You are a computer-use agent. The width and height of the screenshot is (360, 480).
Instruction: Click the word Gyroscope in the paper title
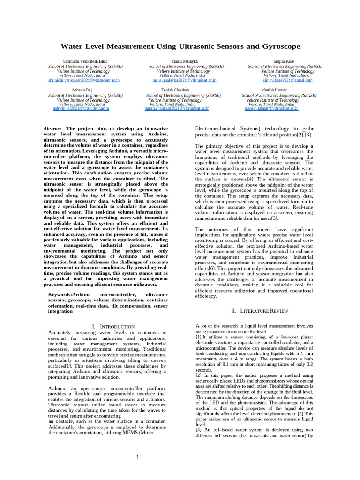(280, 47)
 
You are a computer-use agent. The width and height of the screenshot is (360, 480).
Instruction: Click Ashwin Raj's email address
(81, 108)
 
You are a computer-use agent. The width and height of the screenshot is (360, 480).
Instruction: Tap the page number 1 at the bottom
(137, 457)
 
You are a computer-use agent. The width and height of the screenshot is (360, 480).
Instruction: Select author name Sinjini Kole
(284, 61)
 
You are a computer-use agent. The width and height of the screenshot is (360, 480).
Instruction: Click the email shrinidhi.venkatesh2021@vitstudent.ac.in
(83, 80)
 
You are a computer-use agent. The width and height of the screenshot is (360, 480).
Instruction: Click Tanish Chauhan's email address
(177, 108)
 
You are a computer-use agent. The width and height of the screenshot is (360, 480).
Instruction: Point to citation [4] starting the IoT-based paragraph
(198, 430)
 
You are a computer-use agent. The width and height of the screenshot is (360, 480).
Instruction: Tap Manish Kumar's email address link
(271, 108)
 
